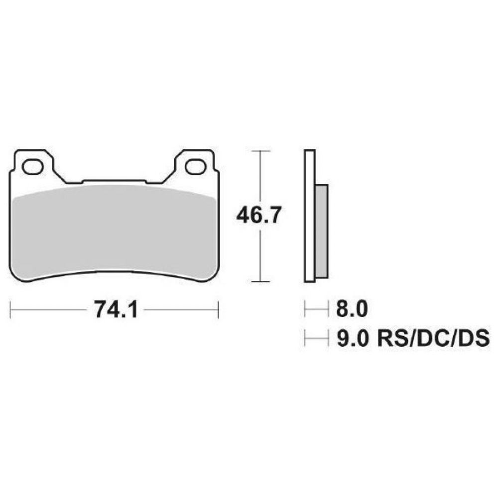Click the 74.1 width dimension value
116,310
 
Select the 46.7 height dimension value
259,215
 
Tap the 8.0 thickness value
352,309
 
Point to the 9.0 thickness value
352,339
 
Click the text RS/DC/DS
433,339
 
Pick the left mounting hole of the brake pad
33,167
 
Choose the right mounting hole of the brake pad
196,167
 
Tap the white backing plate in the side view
310,216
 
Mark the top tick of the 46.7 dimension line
260,150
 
